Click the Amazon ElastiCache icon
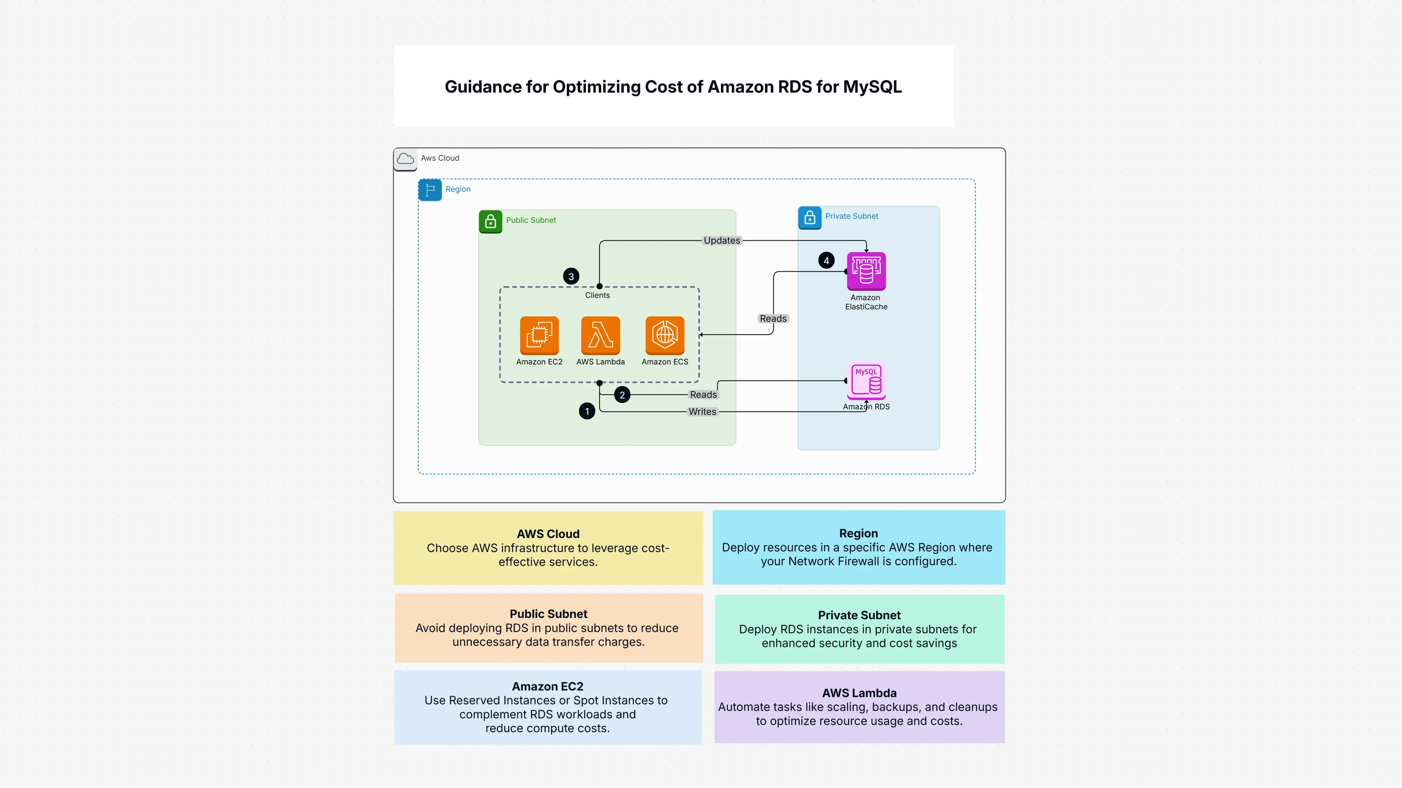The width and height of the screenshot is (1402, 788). [866, 271]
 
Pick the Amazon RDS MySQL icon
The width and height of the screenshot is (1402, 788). [866, 380]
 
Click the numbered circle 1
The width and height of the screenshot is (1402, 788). [587, 411]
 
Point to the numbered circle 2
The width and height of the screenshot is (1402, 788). [622, 395]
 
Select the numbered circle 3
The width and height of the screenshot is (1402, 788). [571, 276]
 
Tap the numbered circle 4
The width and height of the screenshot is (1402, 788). [826, 261]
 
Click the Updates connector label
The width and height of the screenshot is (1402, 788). [722, 240]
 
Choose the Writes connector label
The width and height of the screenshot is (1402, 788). [702, 412]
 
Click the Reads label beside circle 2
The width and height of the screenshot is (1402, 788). [703, 395]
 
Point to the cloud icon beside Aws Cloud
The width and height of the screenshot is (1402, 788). [405, 159]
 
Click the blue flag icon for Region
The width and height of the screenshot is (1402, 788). [430, 190]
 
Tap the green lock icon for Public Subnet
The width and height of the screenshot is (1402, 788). [490, 221]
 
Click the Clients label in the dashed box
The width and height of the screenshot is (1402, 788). [597, 295]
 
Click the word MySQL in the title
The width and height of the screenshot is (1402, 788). [872, 87]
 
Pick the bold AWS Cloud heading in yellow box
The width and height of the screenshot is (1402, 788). [548, 534]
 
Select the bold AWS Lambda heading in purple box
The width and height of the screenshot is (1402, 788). [859, 693]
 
